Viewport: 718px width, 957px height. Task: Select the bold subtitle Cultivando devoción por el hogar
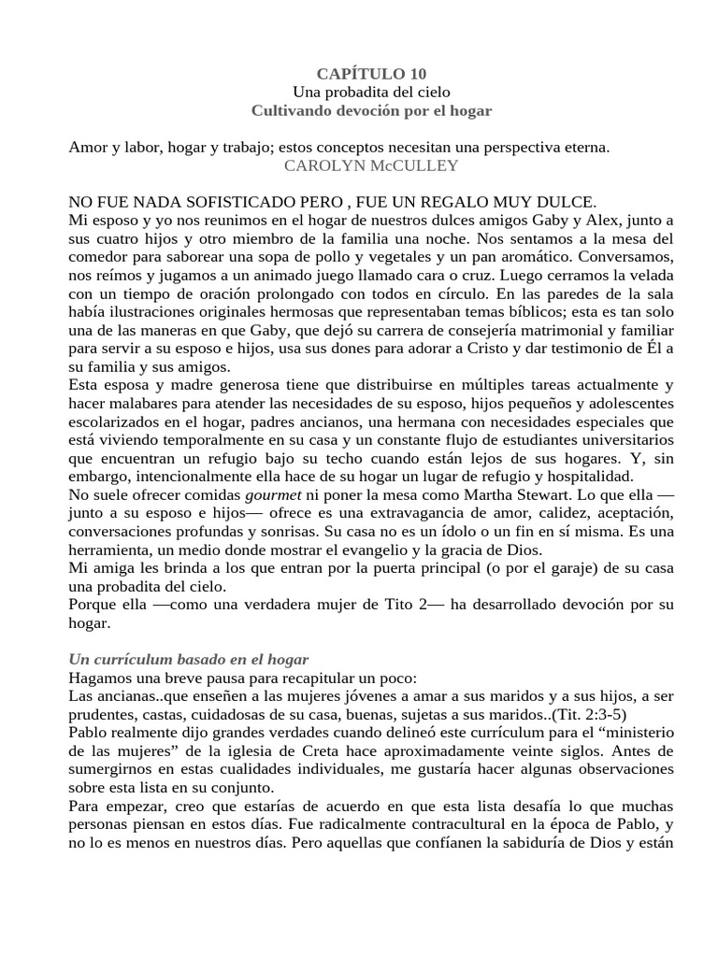371,110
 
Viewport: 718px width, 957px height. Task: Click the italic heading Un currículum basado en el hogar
189,660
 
